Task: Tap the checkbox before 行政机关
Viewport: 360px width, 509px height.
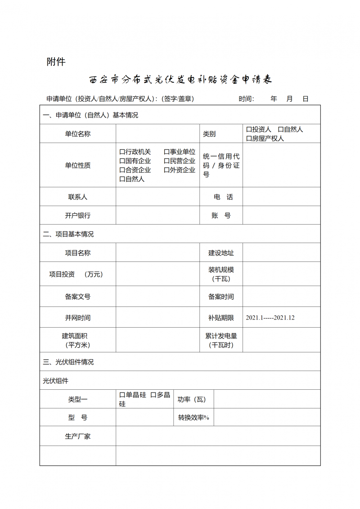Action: point(122,152)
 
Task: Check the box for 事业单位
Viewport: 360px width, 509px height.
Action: point(166,152)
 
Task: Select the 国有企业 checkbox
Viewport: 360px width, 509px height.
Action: point(122,161)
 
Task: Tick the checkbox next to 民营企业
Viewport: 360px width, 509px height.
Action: point(166,161)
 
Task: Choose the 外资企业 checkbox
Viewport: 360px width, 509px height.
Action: point(166,170)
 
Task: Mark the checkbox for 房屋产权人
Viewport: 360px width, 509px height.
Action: point(249,139)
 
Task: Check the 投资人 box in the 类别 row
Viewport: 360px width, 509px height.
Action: point(249,130)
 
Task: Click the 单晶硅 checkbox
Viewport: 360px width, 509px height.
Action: point(122,395)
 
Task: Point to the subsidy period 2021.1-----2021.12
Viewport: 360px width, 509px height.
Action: point(270,318)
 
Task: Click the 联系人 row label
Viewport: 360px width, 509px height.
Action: point(78,197)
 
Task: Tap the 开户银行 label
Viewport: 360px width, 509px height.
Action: point(78,216)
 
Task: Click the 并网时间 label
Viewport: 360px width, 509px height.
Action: point(78,318)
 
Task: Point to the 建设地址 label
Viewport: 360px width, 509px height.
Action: point(221,253)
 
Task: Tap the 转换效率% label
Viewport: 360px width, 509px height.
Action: point(193,418)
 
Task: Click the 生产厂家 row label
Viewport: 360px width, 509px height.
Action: point(78,437)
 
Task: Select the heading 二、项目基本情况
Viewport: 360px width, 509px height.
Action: point(68,234)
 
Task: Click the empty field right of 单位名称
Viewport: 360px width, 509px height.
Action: point(157,134)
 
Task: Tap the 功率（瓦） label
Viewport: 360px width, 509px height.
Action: point(191,399)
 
